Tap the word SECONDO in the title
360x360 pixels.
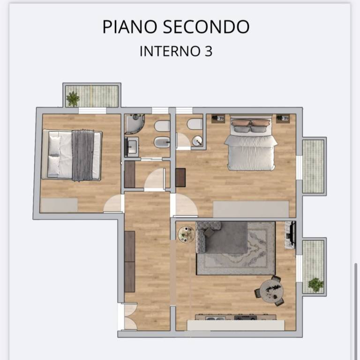(x=206, y=27)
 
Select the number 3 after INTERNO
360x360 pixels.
(x=209, y=51)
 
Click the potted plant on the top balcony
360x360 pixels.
(x=73, y=98)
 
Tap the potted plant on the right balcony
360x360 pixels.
(x=315, y=284)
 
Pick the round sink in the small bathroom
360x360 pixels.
(x=197, y=140)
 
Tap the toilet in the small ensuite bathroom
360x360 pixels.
(x=195, y=124)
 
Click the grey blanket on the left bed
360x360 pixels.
(x=83, y=155)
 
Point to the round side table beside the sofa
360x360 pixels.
(x=186, y=234)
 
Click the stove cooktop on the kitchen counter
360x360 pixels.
(x=246, y=318)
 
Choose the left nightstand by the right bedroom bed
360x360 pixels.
(x=218, y=119)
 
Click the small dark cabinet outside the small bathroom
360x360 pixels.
(x=180, y=178)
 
